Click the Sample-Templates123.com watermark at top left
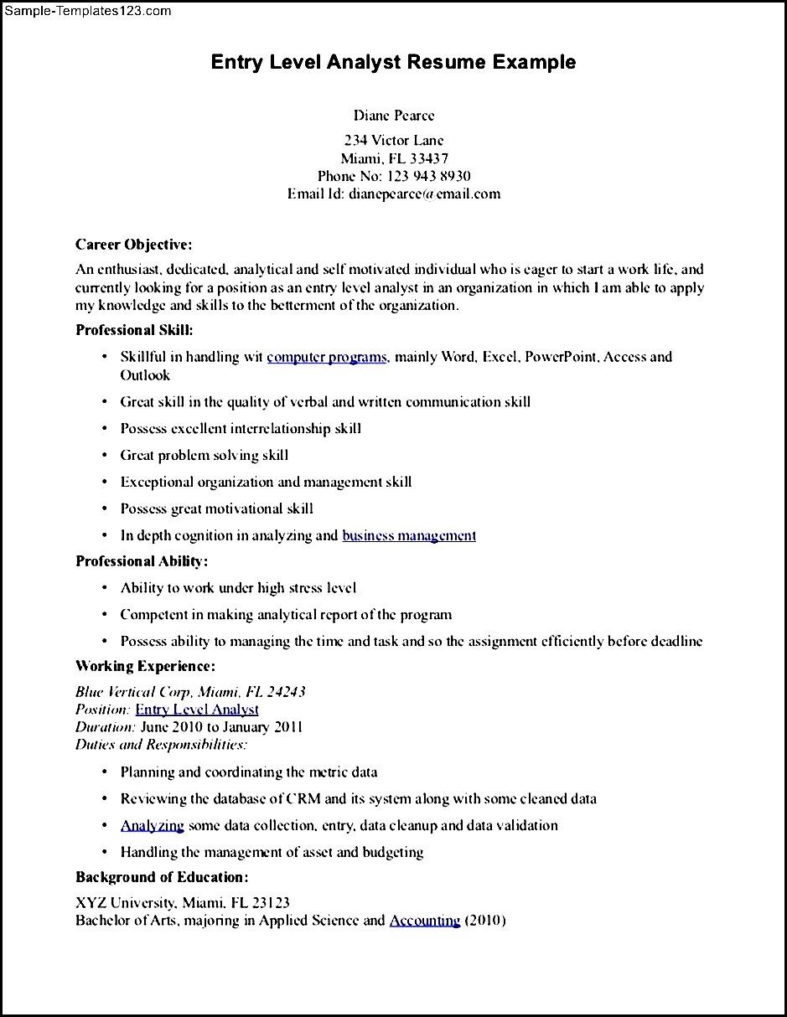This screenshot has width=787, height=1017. click(87, 11)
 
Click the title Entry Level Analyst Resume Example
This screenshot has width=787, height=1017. click(393, 62)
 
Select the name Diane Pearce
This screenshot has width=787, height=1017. click(393, 116)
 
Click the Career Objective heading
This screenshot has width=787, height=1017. click(134, 245)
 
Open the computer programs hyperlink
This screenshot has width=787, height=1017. click(327, 357)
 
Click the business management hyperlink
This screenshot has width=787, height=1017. click(409, 535)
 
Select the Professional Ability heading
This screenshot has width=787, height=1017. click(142, 561)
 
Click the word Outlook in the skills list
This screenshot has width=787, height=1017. click(145, 375)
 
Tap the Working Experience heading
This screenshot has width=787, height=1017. click(145, 666)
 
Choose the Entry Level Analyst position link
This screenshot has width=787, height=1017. click(197, 710)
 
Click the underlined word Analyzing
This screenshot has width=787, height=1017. click(152, 825)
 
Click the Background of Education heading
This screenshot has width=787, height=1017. click(162, 877)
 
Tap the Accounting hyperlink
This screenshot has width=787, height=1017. click(424, 921)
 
